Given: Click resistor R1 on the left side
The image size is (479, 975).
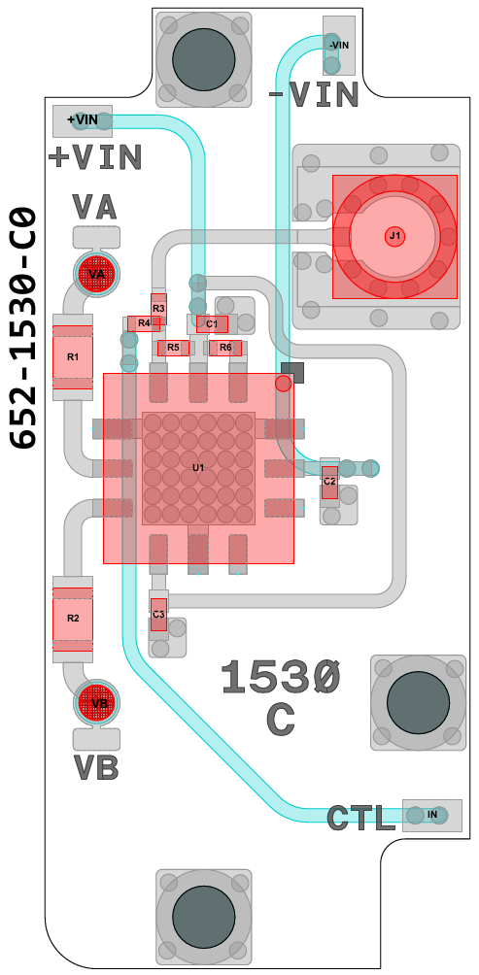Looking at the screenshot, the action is coord(73,357).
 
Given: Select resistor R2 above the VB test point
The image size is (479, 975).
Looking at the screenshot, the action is coord(73,618).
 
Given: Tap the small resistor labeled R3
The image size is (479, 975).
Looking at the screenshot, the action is coord(158,309).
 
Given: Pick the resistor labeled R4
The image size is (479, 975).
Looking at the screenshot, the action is coord(145,323).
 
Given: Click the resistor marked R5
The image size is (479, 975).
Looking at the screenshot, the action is coord(174,348).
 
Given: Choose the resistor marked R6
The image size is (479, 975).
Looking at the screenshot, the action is coord(225,348).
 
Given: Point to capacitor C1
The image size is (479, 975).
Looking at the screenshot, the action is coord(212,324).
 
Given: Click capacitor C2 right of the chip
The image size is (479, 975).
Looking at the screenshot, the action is coord(329,482).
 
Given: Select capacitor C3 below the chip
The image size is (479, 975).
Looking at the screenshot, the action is coord(158,615).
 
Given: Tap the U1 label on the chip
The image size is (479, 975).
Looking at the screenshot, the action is coord(198,467).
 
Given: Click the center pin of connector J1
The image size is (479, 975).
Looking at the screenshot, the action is coord(394,236).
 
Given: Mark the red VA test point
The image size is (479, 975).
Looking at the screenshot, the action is coord(96,274).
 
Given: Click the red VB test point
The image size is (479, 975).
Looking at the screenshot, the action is coord(96,703).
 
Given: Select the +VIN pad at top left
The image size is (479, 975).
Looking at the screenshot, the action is coord(83,120).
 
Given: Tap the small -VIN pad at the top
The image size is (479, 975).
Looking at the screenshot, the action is coord(339,45).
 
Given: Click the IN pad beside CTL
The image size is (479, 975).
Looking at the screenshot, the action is coord(432,815).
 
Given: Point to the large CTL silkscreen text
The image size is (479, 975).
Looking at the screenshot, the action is coord(360,819).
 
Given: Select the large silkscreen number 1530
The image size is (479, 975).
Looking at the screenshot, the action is coord(281,678).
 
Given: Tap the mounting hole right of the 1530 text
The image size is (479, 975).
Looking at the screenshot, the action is coord(418,703).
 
